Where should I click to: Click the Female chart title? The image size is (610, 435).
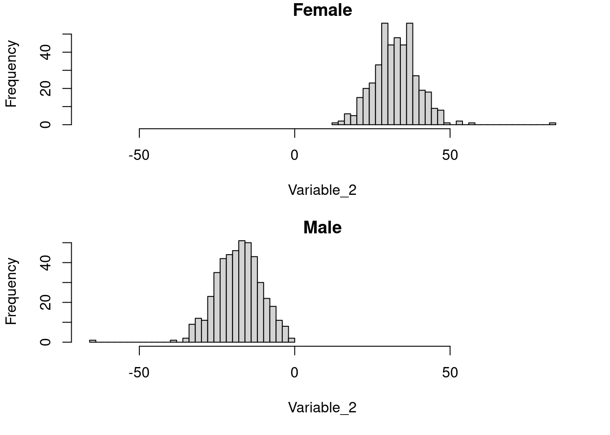(322, 10)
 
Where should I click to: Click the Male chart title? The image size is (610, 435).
(322, 227)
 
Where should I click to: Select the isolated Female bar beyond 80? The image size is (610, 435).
(552, 124)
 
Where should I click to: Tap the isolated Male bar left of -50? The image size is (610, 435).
(93, 341)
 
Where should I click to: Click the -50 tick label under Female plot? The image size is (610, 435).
(139, 155)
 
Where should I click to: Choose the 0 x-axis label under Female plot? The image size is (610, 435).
(295, 155)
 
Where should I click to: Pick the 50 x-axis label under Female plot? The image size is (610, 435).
(450, 155)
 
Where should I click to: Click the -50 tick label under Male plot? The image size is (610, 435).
(139, 373)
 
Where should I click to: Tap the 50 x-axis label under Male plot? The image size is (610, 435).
(450, 373)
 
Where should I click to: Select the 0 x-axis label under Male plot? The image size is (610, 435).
(295, 373)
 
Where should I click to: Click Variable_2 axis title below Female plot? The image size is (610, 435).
(322, 190)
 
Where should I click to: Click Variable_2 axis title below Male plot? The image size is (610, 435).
(322, 408)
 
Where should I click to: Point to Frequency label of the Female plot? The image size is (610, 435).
(11, 74)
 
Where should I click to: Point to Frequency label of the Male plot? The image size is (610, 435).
(11, 291)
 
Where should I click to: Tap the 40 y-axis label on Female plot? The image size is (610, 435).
(45, 52)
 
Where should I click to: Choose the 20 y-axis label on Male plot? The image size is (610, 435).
(45, 302)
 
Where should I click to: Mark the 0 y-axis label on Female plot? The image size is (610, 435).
(45, 125)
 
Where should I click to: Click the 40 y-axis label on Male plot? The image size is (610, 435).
(45, 262)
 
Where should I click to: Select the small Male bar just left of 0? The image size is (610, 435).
(291, 340)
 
